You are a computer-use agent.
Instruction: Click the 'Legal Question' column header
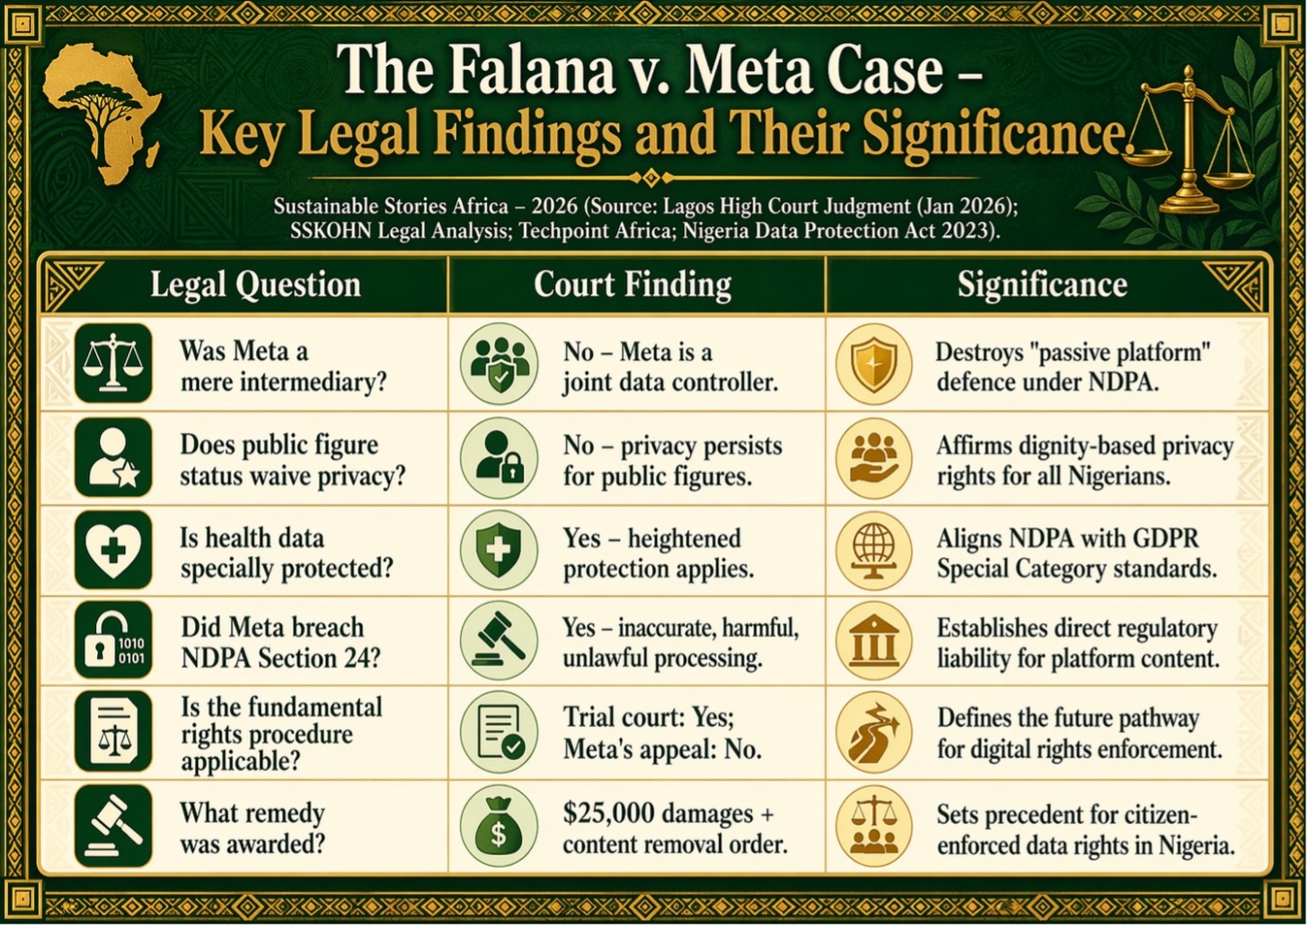coord(255,285)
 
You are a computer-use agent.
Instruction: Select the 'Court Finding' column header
coord(632,285)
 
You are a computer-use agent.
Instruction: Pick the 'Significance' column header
coord(1041,285)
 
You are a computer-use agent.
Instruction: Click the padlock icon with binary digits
coord(113,643)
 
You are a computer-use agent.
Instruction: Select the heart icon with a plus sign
coord(113,550)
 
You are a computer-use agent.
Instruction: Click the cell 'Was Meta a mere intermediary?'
coord(283,366)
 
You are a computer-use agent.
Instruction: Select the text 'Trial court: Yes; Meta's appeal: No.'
coord(662,733)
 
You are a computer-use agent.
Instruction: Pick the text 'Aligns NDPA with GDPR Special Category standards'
coord(1076,553)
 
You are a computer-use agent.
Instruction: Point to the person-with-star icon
coord(113,457)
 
